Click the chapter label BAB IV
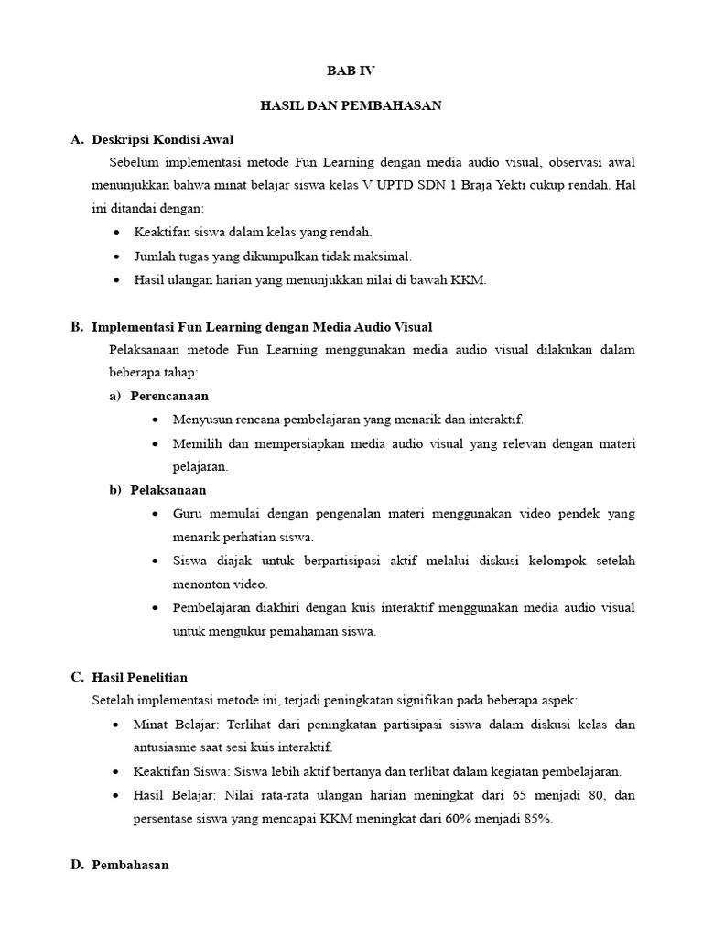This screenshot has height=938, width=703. (x=352, y=71)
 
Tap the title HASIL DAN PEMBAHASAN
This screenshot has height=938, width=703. (x=352, y=105)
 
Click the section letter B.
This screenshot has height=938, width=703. (x=77, y=327)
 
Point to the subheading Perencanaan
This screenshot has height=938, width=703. (x=169, y=397)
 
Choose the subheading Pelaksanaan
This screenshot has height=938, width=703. (x=168, y=490)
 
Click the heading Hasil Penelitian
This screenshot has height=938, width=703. (x=140, y=678)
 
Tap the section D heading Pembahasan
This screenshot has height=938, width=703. (x=131, y=865)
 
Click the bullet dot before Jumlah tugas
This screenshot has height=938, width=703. (x=116, y=257)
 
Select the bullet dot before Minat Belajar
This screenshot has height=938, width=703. (x=116, y=725)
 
